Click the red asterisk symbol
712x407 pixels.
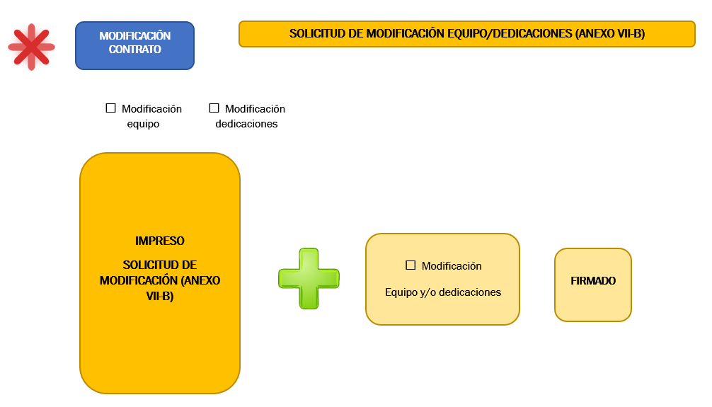(31, 47)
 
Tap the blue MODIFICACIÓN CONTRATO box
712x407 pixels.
(135, 45)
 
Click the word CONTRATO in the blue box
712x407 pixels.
(135, 49)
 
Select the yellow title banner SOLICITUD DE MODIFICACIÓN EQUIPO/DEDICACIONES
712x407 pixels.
(467, 33)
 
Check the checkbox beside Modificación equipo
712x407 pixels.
(111, 108)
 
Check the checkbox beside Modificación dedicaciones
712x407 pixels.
(214, 108)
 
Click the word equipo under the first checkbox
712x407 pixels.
(143, 124)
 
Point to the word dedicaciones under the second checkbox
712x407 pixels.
(246, 124)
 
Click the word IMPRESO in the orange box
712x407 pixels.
(160, 241)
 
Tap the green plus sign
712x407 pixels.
(309, 278)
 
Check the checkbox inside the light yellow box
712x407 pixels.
(410, 265)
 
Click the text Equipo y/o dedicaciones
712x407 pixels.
(443, 292)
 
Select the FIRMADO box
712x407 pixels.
(593, 285)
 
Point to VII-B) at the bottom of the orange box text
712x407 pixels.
(160, 296)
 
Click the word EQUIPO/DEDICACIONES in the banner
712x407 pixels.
(510, 33)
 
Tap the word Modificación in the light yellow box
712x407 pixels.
(452, 265)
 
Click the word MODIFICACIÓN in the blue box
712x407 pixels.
(135, 36)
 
